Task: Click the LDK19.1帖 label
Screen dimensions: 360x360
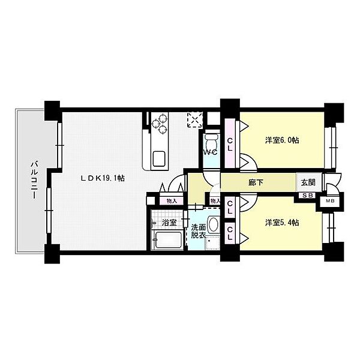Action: [103, 178]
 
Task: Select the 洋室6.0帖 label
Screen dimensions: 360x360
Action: [283, 140]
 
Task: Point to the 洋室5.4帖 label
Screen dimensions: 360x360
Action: [283, 223]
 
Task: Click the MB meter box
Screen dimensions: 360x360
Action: [330, 201]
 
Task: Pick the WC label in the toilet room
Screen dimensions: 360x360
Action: [209, 152]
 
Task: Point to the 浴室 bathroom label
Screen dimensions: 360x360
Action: [170, 222]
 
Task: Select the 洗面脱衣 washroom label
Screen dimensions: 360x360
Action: [198, 232]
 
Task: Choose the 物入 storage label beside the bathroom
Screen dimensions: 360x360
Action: [172, 201]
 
